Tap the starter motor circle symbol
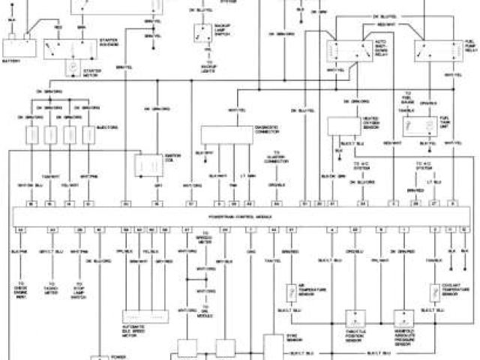(x=73, y=68)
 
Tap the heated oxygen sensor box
(x=342, y=127)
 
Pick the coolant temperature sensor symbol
(x=434, y=292)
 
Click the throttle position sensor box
(x=353, y=320)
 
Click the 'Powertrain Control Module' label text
(x=240, y=215)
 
